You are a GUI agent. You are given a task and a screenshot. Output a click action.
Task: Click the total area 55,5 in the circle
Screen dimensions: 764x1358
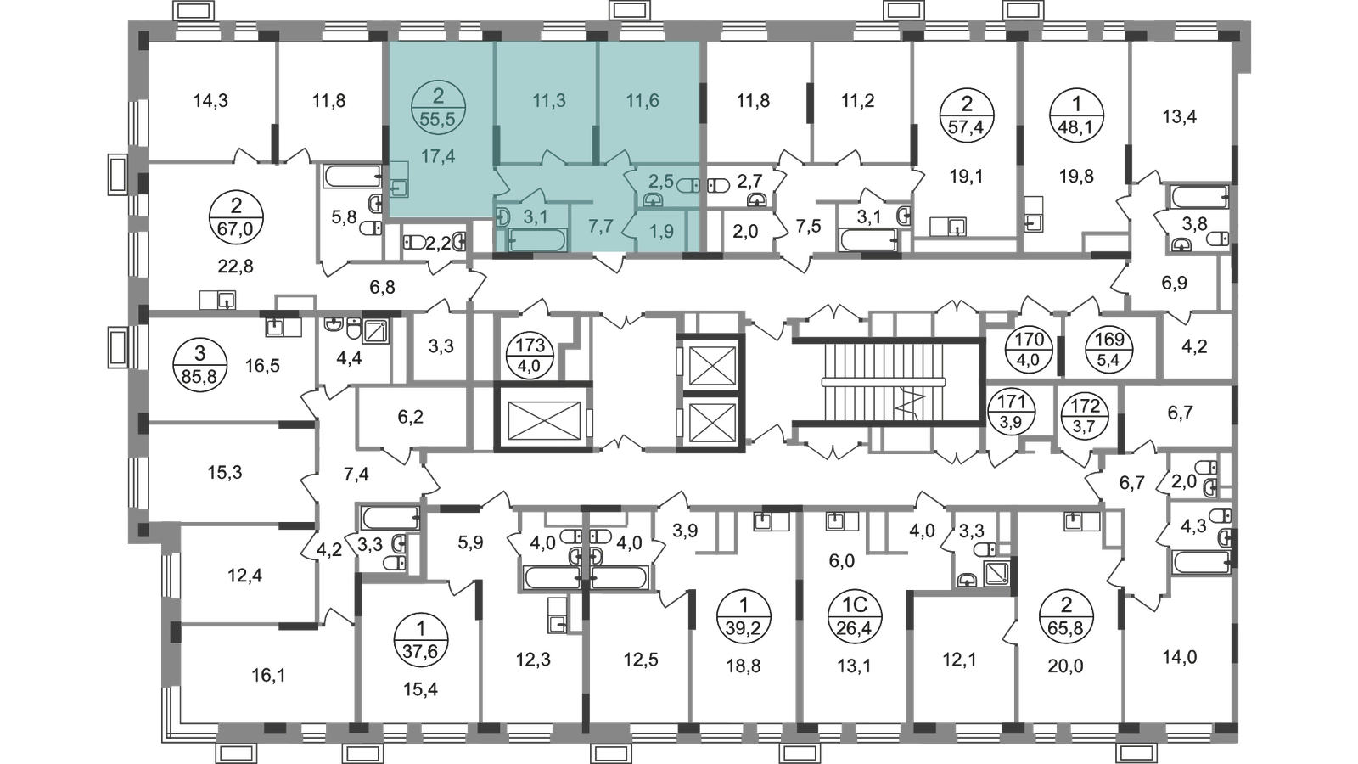pos(438,119)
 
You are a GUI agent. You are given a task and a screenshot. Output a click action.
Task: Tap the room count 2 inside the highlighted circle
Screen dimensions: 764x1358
pos(438,96)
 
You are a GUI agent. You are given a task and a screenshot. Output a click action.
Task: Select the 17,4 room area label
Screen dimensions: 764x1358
pos(438,156)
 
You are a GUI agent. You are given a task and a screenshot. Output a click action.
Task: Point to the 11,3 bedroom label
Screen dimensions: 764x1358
pos(548,101)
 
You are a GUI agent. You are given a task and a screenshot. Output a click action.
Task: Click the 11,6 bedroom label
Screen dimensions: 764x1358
pos(643,101)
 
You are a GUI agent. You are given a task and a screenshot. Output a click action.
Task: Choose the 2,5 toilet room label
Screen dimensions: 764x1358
pos(660,180)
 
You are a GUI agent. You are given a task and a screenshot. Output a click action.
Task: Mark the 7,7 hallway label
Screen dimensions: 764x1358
pos(601,228)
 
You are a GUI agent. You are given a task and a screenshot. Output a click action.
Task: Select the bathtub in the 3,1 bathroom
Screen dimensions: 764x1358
pos(538,242)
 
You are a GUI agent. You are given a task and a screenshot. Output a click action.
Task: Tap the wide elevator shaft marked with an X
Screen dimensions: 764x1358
pos(540,417)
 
